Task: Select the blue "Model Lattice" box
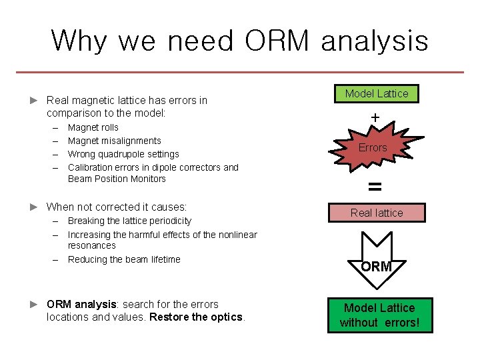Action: pyautogui.click(x=377, y=94)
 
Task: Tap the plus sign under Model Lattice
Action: pyautogui.click(x=375, y=118)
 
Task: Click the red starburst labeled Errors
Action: pyautogui.click(x=373, y=148)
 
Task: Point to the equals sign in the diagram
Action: pyautogui.click(x=375, y=187)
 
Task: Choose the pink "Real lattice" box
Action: pyautogui.click(x=377, y=213)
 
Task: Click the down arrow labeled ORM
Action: pyautogui.click(x=376, y=261)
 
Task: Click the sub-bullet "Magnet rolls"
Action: pyautogui.click(x=93, y=127)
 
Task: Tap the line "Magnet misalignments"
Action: pyautogui.click(x=115, y=141)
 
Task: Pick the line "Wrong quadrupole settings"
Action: pyautogui.click(x=123, y=154)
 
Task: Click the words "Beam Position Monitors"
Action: pyautogui.click(x=117, y=179)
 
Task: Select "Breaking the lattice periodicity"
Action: pyautogui.click(x=129, y=221)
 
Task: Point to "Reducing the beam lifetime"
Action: pyautogui.click(x=124, y=259)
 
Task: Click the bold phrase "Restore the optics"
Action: pyautogui.click(x=197, y=317)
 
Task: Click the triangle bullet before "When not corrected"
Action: pyautogui.click(x=35, y=207)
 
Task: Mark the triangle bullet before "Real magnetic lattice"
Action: pyautogui.click(x=35, y=101)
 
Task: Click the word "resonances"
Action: pyautogui.click(x=92, y=245)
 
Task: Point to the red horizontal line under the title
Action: pyautogui.click(x=240, y=72)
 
